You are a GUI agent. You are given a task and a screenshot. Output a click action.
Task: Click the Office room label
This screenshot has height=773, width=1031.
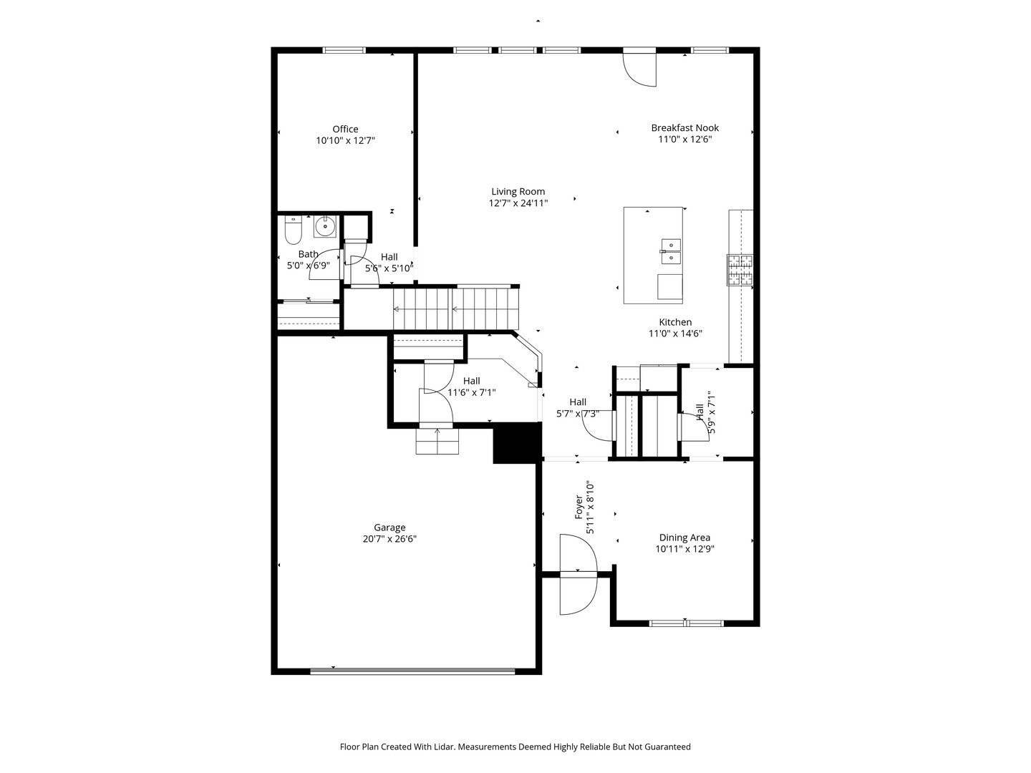345,130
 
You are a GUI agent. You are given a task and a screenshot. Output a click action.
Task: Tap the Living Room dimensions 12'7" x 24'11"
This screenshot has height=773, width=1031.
518,203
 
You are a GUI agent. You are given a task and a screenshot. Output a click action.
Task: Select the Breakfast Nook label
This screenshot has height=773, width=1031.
684,128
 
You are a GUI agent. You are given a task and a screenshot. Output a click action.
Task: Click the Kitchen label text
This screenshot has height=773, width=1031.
675,322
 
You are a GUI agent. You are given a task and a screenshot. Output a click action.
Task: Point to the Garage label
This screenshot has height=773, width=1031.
389,528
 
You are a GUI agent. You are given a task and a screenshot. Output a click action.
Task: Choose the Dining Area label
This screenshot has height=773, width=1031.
684,538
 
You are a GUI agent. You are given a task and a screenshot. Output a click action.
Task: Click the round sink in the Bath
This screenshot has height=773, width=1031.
325,226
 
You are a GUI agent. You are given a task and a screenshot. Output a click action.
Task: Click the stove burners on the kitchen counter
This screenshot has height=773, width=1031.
740,270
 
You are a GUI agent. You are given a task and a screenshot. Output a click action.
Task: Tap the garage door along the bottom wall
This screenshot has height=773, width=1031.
412,671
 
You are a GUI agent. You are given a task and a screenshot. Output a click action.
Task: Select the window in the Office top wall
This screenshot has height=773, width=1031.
344,50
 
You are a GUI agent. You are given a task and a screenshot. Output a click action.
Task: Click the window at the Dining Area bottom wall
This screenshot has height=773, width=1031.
685,623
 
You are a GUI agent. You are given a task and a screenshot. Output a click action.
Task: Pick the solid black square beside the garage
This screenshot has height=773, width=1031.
515,443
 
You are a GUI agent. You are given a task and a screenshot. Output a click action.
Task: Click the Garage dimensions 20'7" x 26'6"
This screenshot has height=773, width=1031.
389,540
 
